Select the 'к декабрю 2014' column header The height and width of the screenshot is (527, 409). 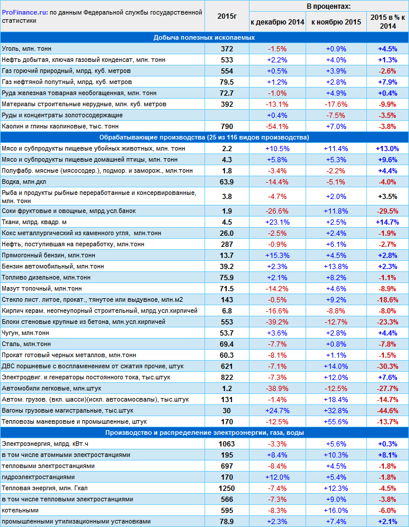click(x=277, y=22)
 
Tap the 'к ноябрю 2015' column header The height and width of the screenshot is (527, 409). click(x=336, y=22)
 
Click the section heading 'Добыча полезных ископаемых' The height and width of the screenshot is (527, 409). click(x=204, y=37)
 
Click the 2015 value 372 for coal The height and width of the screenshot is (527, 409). click(x=227, y=48)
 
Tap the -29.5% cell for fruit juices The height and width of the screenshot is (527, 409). click(x=387, y=211)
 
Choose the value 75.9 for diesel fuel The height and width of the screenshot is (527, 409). click(x=227, y=278)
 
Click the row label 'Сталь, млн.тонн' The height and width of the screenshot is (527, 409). click(x=26, y=344)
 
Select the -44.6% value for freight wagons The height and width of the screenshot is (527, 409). click(x=387, y=410)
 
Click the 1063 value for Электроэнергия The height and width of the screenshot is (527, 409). click(x=227, y=444)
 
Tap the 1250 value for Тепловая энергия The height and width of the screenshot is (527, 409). click(x=227, y=488)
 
